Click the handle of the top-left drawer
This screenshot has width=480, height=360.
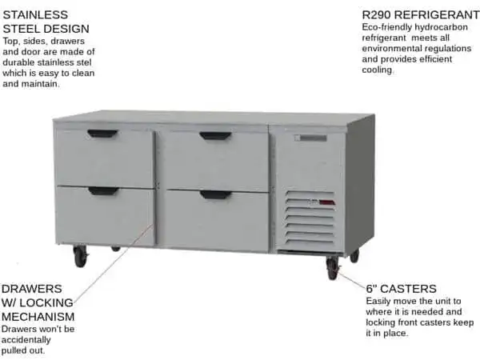[102, 134]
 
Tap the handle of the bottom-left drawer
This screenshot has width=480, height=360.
[103, 191]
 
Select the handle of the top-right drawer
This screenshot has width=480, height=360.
[215, 136]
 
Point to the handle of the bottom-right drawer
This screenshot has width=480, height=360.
[216, 194]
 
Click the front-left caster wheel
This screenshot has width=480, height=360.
[80, 257]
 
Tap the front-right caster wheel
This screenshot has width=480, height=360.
[333, 268]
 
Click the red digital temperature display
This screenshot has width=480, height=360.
[327, 202]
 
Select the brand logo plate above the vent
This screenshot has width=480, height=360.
[310, 138]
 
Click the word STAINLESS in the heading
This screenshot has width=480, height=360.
[35, 14]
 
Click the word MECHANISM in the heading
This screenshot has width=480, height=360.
[38, 317]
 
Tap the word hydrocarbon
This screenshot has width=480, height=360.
[441, 27]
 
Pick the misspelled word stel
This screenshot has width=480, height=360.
[85, 62]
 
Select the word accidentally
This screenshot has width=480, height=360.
[26, 340]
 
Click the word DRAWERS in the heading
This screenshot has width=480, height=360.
[31, 289]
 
